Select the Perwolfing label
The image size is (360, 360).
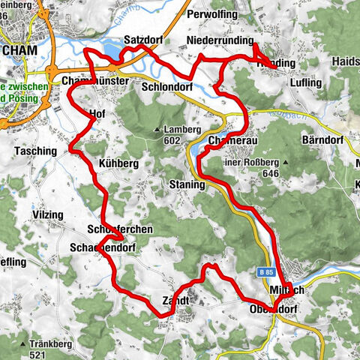point(214,14)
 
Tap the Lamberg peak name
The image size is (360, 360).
point(183,129)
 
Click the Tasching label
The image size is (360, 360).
point(35,151)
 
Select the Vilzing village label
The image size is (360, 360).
point(48,215)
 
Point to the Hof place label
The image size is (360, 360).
point(96,115)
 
